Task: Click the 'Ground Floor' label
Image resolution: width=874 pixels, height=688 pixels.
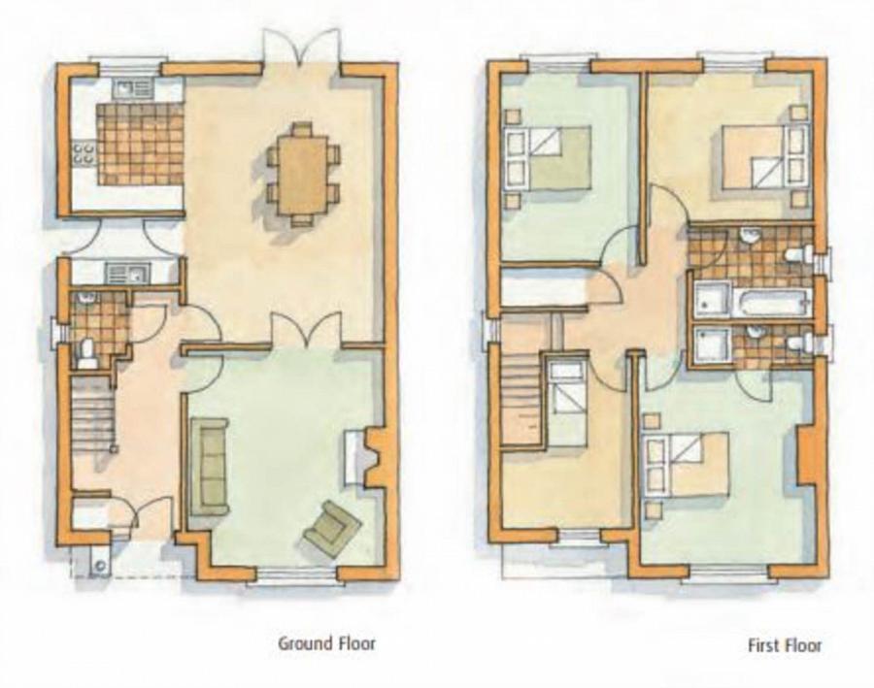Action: [x=326, y=642]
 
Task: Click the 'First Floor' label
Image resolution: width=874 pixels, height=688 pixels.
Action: [x=785, y=644]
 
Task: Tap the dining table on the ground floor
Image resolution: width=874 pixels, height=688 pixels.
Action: [x=303, y=174]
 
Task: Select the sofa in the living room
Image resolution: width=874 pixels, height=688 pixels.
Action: [x=209, y=466]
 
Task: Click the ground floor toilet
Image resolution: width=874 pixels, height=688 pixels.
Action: [x=87, y=351]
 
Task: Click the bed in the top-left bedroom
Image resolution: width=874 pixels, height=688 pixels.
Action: [x=549, y=158]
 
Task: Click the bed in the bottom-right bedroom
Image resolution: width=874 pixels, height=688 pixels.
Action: [x=687, y=464]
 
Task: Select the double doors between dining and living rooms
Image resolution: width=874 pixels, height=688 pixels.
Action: [x=304, y=332]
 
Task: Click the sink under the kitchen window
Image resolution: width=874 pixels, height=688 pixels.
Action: [x=129, y=90]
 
